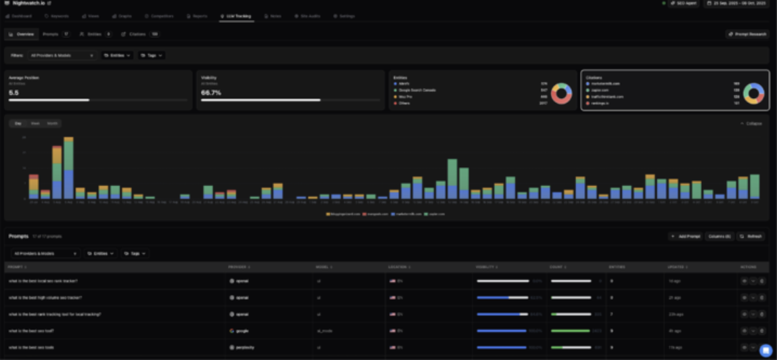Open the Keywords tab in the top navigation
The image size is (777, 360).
pyautogui.click(x=56, y=16)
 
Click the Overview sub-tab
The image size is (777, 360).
pyautogui.click(x=22, y=34)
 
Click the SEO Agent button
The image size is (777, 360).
pyautogui.click(x=684, y=3)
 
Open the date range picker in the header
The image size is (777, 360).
pyautogui.click(x=738, y=3)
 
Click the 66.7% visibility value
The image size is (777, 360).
pyautogui.click(x=211, y=93)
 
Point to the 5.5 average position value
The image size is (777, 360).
pyautogui.click(x=14, y=93)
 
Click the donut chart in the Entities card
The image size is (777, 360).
pyautogui.click(x=561, y=93)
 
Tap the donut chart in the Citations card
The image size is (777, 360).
pyautogui.click(x=753, y=93)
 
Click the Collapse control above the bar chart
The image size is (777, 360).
pyautogui.click(x=751, y=123)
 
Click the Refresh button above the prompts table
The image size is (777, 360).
pyautogui.click(x=751, y=236)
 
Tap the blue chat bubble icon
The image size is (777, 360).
pyautogui.click(x=765, y=350)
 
